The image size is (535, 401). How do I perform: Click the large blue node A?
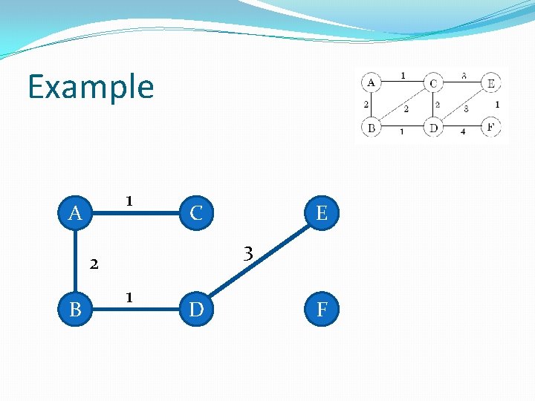(x=75, y=214)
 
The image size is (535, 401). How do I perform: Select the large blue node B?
(x=75, y=308)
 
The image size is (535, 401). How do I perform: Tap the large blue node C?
(x=196, y=214)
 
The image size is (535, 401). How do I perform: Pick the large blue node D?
(x=196, y=308)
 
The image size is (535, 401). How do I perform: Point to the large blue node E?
(x=322, y=214)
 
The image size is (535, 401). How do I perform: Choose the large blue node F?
(x=322, y=308)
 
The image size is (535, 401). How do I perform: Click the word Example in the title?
(x=91, y=87)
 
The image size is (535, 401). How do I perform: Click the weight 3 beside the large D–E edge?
(x=250, y=254)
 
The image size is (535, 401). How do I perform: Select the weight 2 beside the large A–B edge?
(x=94, y=262)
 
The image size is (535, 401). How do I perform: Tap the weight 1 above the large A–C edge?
(x=129, y=201)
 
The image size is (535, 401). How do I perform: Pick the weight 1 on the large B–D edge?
(x=129, y=298)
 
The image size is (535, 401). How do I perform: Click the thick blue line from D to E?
(x=260, y=260)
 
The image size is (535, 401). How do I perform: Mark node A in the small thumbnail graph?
(x=371, y=82)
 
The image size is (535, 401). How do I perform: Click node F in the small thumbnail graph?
(x=490, y=127)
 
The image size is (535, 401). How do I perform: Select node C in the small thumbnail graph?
(x=433, y=82)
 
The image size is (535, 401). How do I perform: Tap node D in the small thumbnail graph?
(x=433, y=128)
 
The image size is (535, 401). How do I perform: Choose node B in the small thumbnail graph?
(x=371, y=128)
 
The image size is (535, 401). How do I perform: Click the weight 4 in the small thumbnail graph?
(x=462, y=132)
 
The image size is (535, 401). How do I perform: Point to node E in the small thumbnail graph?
(x=490, y=82)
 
